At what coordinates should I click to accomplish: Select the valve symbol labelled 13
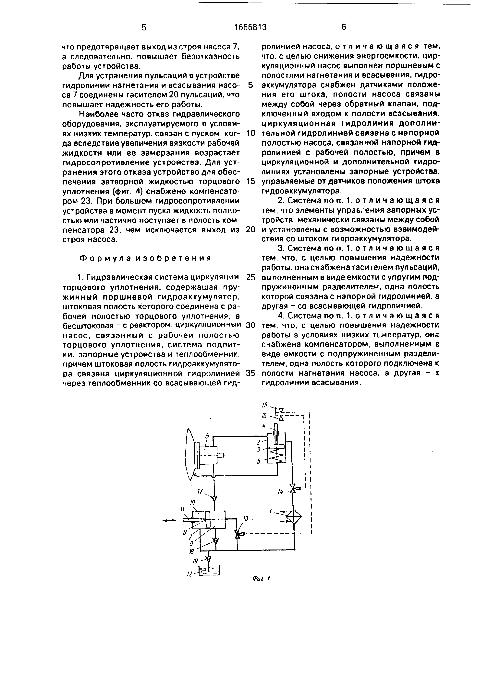[x=237, y=534]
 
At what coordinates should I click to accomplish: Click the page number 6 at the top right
[x=344, y=27]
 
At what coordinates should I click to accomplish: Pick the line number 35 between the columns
[x=250, y=373]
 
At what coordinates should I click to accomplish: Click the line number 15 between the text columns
[x=250, y=181]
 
